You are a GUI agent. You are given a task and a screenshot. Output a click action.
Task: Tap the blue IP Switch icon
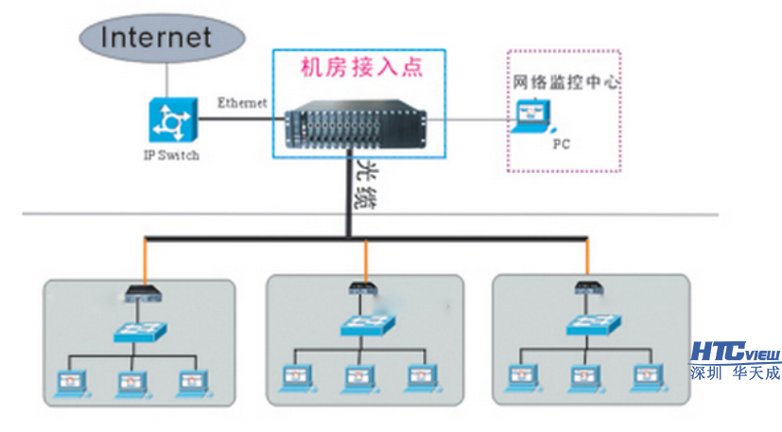click(x=171, y=120)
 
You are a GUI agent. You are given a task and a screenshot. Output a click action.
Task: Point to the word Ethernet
click(x=242, y=101)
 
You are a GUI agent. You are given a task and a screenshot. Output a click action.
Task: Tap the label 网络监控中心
click(x=565, y=82)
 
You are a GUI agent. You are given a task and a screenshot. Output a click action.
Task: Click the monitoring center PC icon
click(x=534, y=115)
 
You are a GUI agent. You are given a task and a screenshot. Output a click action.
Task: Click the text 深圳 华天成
click(x=735, y=372)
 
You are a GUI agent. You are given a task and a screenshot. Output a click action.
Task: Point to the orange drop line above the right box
click(x=588, y=257)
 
